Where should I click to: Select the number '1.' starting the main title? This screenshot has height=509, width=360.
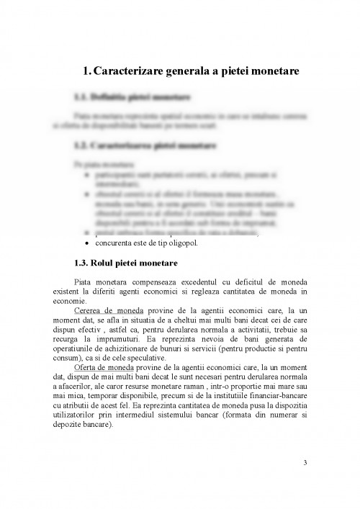coord(87,71)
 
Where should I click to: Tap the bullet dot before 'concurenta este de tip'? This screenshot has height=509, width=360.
coord(87,243)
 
